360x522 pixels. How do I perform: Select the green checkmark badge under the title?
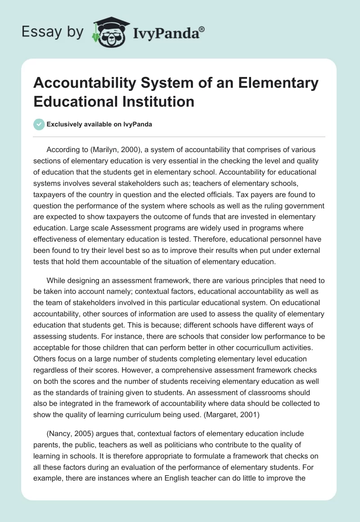39,124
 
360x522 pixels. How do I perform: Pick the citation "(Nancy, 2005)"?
68,433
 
